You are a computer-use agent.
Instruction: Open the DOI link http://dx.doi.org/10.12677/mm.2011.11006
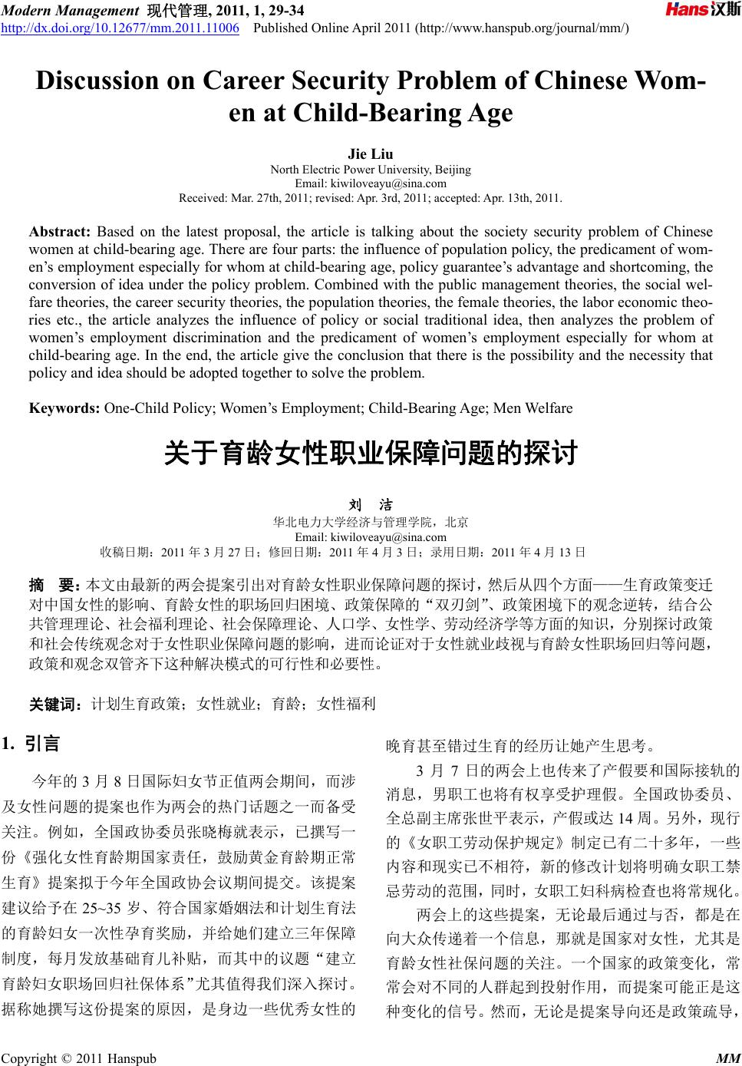click(120, 29)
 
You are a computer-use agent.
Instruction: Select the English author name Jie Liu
click(371, 154)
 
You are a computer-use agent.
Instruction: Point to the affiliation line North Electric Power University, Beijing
click(371, 170)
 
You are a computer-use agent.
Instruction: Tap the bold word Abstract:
click(61, 233)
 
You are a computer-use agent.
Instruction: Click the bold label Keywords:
click(64, 408)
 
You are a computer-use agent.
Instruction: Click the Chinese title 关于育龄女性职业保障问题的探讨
click(371, 454)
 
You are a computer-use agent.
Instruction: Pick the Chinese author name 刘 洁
click(371, 505)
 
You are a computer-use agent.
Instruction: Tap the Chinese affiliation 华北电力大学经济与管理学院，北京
click(371, 522)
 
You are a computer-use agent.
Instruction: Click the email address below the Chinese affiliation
click(371, 536)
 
